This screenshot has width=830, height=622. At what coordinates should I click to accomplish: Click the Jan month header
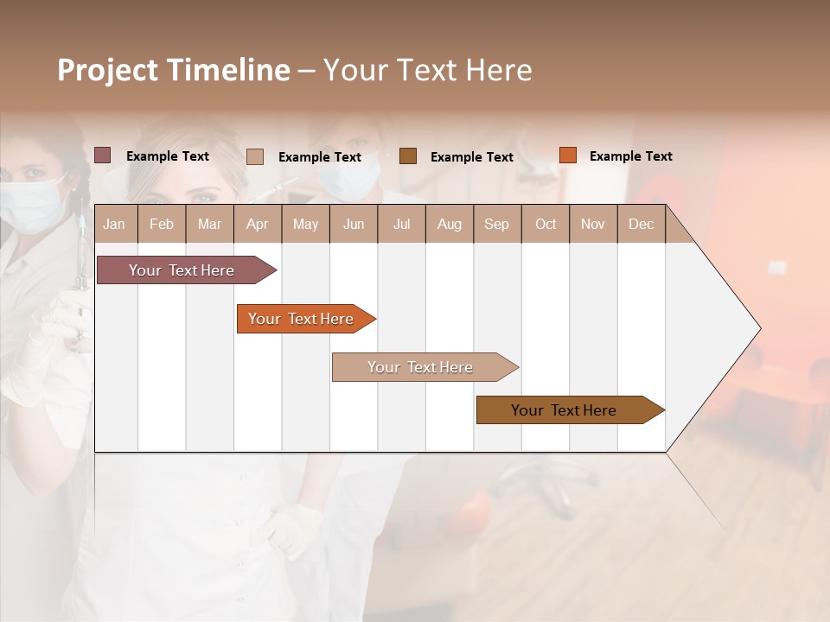pyautogui.click(x=114, y=224)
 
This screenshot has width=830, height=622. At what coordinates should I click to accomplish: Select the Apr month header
pyautogui.click(x=257, y=224)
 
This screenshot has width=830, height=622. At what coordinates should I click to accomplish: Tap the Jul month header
pyautogui.click(x=401, y=224)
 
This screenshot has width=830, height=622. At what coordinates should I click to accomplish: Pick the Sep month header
pyautogui.click(x=496, y=224)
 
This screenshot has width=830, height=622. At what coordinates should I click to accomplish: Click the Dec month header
pyautogui.click(x=641, y=224)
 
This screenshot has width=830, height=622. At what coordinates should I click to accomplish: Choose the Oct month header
pyautogui.click(x=546, y=224)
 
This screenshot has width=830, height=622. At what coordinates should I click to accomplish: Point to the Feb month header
pyautogui.click(x=162, y=224)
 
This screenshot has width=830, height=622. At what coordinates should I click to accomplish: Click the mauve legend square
pyautogui.click(x=102, y=155)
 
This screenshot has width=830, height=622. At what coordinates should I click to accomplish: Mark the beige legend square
pyautogui.click(x=254, y=156)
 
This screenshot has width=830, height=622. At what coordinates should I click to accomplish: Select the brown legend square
pyautogui.click(x=407, y=155)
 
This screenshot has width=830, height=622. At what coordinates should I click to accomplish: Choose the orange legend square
pyautogui.click(x=567, y=155)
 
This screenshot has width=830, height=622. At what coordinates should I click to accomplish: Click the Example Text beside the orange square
pyautogui.click(x=630, y=156)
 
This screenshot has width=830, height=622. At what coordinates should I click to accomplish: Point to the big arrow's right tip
pyautogui.click(x=758, y=328)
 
